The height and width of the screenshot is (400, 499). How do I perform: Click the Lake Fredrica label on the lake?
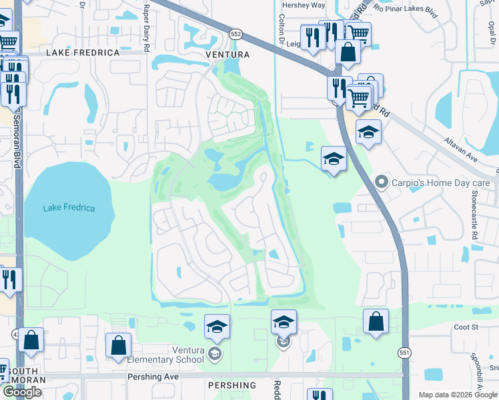pos(69,208)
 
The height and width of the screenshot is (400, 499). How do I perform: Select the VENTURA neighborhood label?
pos(209,54)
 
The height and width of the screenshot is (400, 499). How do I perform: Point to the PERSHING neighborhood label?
pos(231,385)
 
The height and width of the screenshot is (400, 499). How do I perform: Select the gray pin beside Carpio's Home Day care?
pos(382,181)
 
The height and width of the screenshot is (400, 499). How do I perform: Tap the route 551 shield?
pos(405,352)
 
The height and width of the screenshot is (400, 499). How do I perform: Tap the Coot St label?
pos(466,327)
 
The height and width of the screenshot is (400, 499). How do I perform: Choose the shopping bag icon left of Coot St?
pos(376,321)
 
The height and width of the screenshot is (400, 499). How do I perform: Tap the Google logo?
pos(23,392)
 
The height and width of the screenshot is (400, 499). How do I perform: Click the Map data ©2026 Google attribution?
pos(458,395)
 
